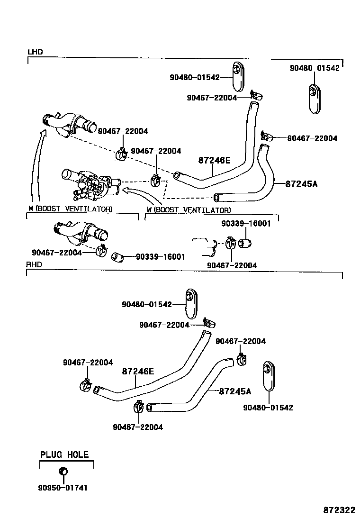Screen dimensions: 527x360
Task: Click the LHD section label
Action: pyautogui.click(x=35, y=52)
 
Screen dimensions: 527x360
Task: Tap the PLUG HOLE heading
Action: pyautogui.click(x=64, y=454)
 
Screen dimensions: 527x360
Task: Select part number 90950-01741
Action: pyautogui.click(x=64, y=488)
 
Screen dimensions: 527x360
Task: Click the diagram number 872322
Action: pyautogui.click(x=339, y=510)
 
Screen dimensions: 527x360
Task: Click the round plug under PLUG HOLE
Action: pyautogui.click(x=63, y=471)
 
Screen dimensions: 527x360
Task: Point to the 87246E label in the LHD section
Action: pyautogui.click(x=214, y=161)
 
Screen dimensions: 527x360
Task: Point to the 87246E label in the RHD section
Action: pyautogui.click(x=138, y=372)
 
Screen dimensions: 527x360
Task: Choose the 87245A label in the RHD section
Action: pyautogui.click(x=235, y=391)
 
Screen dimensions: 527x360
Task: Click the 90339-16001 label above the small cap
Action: pyautogui.click(x=246, y=224)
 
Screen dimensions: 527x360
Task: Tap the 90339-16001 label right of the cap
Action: pyautogui.click(x=160, y=257)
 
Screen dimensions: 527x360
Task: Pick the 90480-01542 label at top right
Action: pyautogui.click(x=315, y=68)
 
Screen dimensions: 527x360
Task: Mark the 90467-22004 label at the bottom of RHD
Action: pyautogui.click(x=138, y=427)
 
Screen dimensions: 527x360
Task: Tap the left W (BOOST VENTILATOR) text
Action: pyautogui.click(x=70, y=209)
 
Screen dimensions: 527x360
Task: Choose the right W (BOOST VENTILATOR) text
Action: pyautogui.click(x=189, y=209)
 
